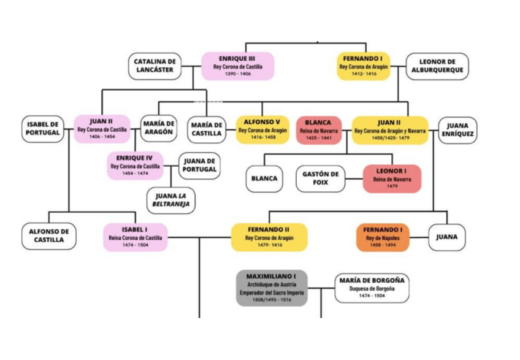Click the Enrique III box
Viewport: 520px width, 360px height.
237,66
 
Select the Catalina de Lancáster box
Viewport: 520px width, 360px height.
155,66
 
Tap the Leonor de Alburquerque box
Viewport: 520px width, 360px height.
437,66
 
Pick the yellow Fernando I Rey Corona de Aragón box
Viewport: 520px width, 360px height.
364,66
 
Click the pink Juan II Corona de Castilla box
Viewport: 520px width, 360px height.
102,129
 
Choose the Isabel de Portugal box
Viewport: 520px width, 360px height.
43,128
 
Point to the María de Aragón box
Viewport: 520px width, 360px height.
158,128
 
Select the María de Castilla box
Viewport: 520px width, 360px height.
207,129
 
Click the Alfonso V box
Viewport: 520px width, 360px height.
262,129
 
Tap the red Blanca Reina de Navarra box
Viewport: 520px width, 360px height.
318,129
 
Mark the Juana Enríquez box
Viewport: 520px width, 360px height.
457,129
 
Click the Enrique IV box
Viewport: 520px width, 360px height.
134,165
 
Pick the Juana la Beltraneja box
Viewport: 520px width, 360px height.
171,200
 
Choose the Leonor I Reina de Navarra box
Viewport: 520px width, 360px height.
392,178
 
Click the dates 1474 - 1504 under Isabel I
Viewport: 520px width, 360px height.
134,245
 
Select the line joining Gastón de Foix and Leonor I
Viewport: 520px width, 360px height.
354,179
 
